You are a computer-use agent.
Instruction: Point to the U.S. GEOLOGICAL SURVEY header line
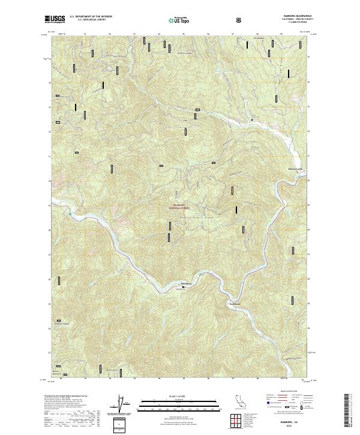(x=89, y=21)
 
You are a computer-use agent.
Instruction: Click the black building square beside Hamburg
(x=184, y=287)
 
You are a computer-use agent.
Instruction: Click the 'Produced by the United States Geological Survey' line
(x=72, y=397)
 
